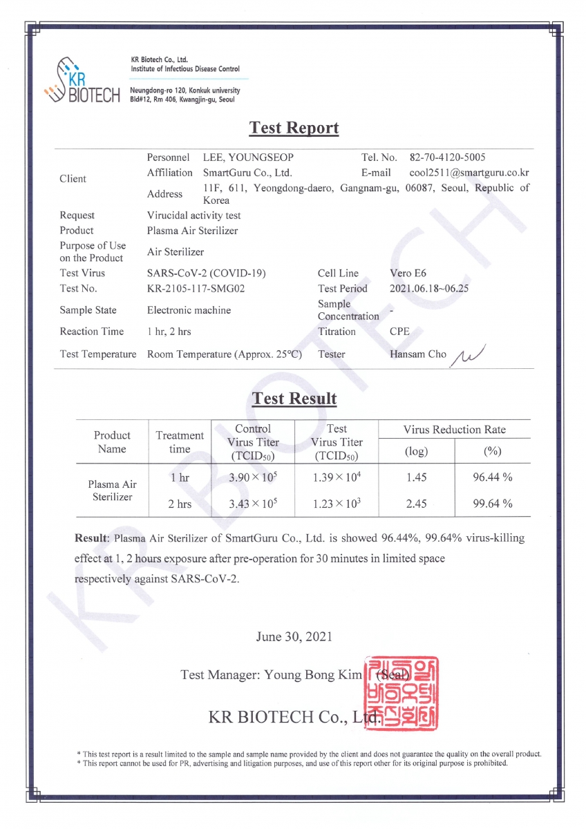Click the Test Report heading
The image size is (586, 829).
coord(294,128)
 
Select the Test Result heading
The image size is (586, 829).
coord(294,399)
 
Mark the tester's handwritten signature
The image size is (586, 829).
coord(469,355)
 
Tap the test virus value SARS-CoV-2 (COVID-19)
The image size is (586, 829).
coord(207,273)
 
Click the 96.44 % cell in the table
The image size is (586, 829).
coord(492,477)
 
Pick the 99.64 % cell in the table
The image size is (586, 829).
coord(492,504)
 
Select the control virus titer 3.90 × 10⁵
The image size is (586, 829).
coord(253,477)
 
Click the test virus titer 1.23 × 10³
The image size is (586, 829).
coord(336,504)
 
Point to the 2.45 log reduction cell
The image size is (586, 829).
coord(416,504)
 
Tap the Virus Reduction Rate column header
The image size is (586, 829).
coord(454,429)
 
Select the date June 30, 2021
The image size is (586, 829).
coord(294,636)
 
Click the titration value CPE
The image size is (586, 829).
coord(400,332)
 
